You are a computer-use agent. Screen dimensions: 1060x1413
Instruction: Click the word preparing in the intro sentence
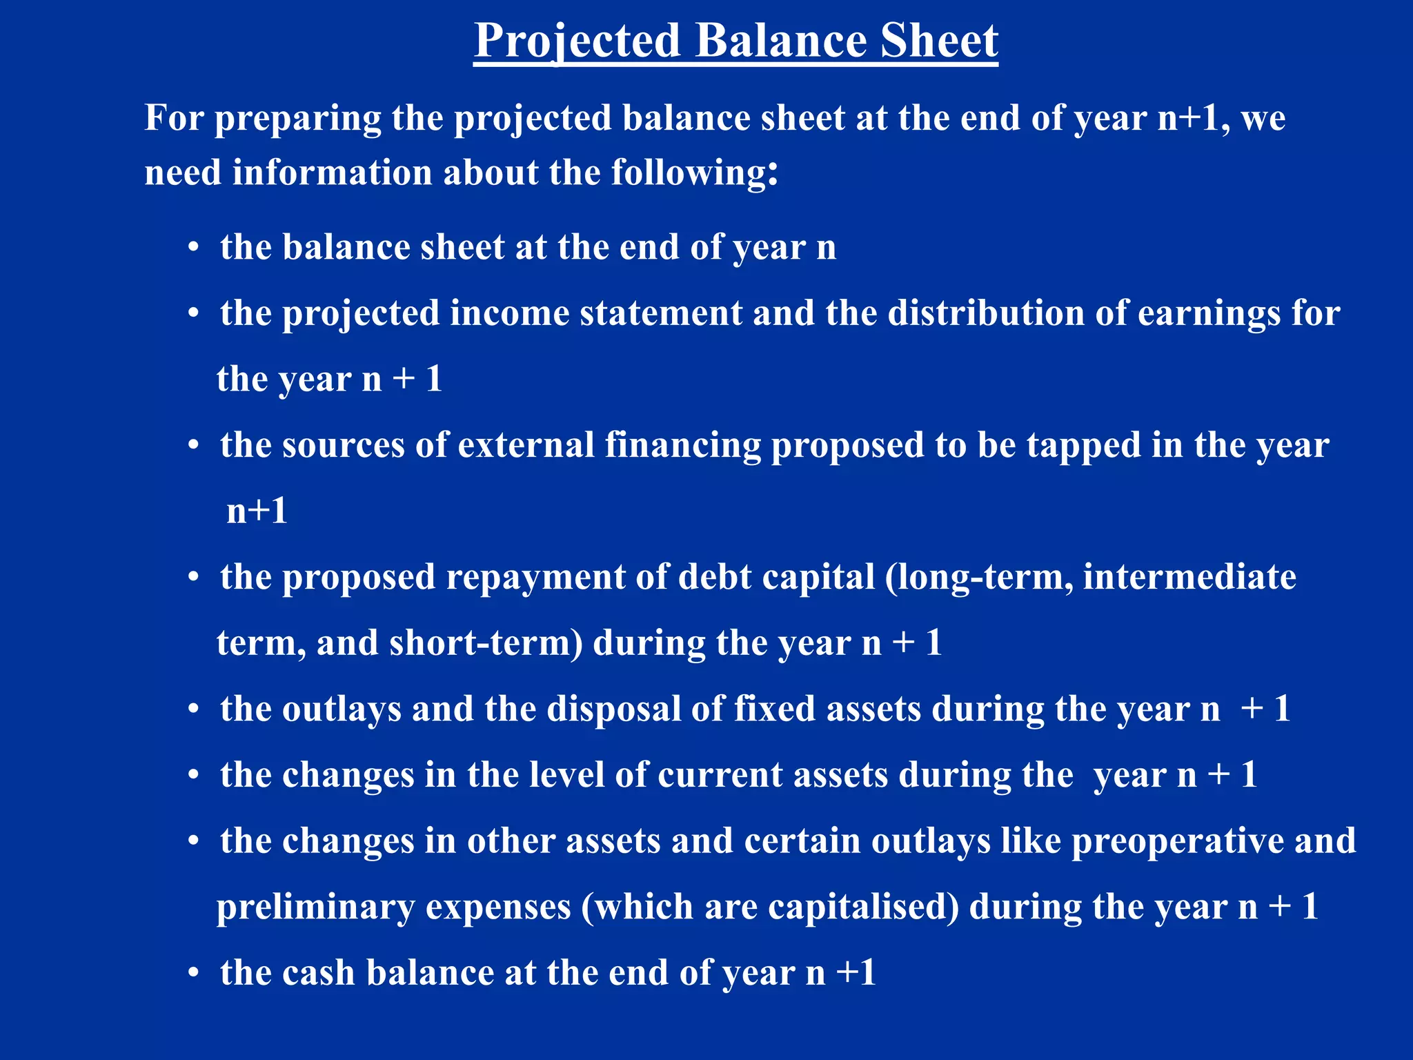pos(297,119)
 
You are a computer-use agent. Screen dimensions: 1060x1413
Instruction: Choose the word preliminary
pos(315,907)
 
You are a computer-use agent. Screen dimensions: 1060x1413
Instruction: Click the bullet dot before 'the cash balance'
pos(194,974)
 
